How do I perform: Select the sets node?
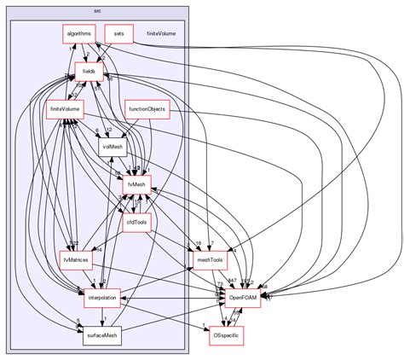click(118, 35)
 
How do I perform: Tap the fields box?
click(88, 73)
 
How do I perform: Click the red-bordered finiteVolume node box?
click(65, 110)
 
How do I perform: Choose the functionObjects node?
click(147, 110)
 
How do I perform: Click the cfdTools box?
click(136, 223)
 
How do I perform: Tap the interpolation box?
click(101, 298)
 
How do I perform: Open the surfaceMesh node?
click(101, 335)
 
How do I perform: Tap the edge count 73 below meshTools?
click(221, 282)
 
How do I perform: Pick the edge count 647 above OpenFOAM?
click(232, 281)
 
